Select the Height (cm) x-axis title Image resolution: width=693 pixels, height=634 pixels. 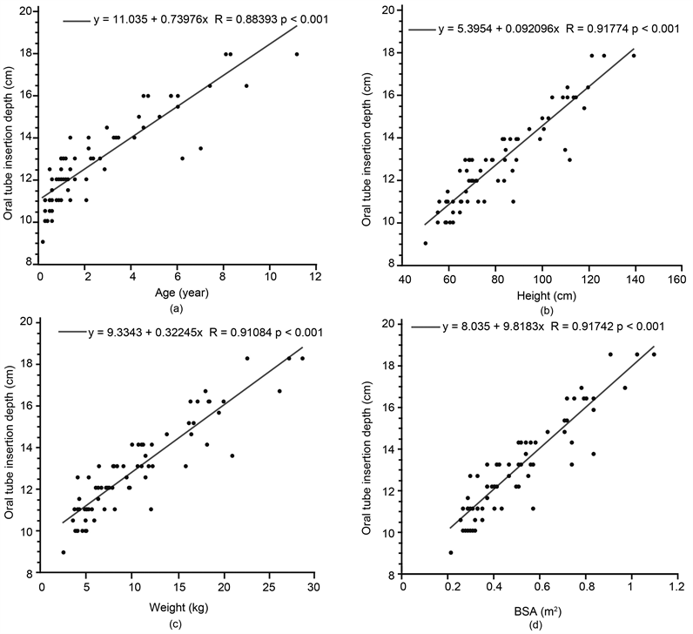coord(541,293)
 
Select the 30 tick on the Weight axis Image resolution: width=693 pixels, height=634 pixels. coord(316,590)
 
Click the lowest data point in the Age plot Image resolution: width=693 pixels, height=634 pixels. coord(43,242)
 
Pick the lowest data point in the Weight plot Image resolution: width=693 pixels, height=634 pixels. coord(64,552)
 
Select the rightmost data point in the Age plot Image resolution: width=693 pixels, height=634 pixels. coord(297,54)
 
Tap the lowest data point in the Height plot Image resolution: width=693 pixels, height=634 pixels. coord(426,243)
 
